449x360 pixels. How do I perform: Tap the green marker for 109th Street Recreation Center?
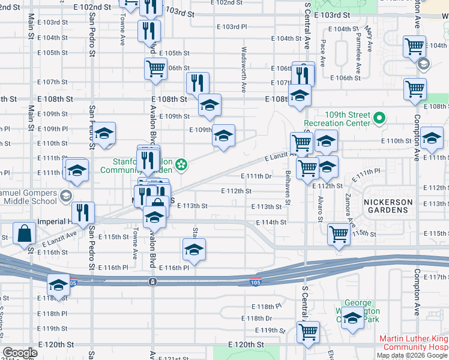[x=379, y=118]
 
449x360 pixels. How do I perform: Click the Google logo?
[x=20, y=353]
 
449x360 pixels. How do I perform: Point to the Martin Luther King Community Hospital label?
[x=414, y=343]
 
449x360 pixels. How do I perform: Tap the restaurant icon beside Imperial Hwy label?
[x=83, y=212]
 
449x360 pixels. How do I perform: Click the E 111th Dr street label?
[x=256, y=176]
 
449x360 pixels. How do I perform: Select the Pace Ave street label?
[x=323, y=53]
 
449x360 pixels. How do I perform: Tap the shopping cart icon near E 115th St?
[x=339, y=234]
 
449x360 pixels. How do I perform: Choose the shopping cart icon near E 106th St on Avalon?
[x=155, y=68]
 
